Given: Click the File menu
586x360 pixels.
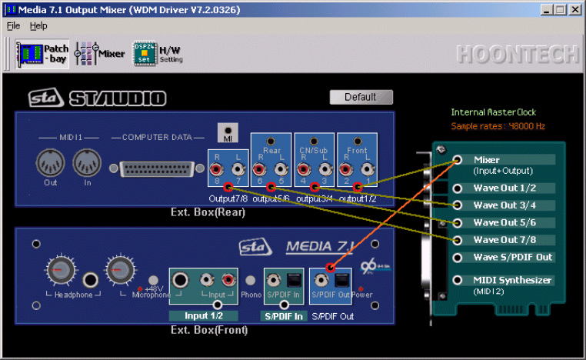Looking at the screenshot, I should click(13, 26).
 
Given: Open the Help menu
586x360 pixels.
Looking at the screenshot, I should click(38, 26).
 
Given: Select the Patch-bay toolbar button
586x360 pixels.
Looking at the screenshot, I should click(43, 53).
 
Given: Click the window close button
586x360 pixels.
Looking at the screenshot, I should click(576, 9).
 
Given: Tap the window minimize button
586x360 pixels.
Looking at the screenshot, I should click(547, 9).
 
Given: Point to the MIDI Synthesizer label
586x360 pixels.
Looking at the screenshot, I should click(513, 281).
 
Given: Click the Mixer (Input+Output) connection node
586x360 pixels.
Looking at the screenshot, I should click(458, 160).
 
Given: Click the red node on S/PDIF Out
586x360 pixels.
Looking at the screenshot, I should click(328, 268).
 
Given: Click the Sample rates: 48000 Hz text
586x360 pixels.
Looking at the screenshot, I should click(498, 125).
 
